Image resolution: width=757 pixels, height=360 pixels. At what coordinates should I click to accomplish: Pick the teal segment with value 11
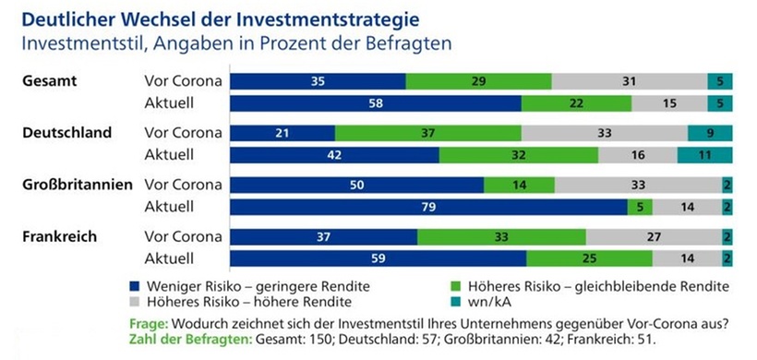pos(704,155)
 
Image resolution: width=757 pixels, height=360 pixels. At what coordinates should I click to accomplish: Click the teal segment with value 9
pos(709,133)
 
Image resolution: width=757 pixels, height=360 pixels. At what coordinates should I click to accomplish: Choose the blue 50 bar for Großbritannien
pos(356,185)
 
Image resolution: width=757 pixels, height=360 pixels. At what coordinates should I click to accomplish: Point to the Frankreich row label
pos(59,236)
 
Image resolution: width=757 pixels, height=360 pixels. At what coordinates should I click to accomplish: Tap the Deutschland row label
pos(67,133)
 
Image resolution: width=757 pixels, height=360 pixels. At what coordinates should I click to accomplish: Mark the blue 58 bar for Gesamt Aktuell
pos(375,104)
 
